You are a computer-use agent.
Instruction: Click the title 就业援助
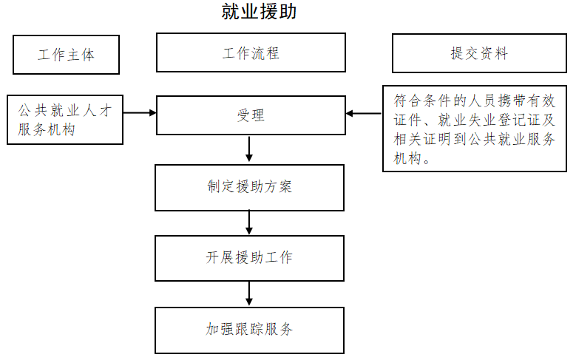click(x=259, y=11)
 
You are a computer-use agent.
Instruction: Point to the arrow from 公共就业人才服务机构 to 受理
click(x=140, y=113)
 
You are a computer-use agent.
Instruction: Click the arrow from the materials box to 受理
click(x=364, y=113)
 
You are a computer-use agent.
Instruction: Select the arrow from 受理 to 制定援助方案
click(x=249, y=149)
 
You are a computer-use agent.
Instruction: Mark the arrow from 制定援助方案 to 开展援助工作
click(x=249, y=223)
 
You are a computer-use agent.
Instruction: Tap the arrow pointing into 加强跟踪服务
click(x=249, y=294)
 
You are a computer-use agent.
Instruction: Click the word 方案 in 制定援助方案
click(x=278, y=186)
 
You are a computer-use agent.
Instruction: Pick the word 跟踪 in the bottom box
click(x=249, y=329)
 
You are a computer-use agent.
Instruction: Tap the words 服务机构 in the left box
click(x=47, y=129)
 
